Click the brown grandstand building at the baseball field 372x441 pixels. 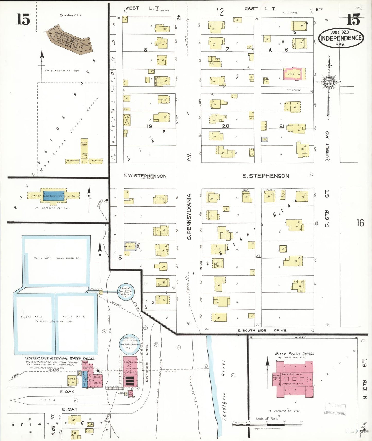70,40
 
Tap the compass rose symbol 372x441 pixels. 329,82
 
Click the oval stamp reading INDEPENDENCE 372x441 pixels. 341,38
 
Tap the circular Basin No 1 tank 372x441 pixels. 126,292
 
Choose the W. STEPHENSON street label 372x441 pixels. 147,176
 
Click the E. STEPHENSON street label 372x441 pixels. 265,176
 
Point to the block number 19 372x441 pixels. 149,126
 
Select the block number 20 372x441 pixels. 226,126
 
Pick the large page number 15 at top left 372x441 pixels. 23,20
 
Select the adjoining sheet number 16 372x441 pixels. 360,223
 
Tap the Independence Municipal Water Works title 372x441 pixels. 60,358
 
